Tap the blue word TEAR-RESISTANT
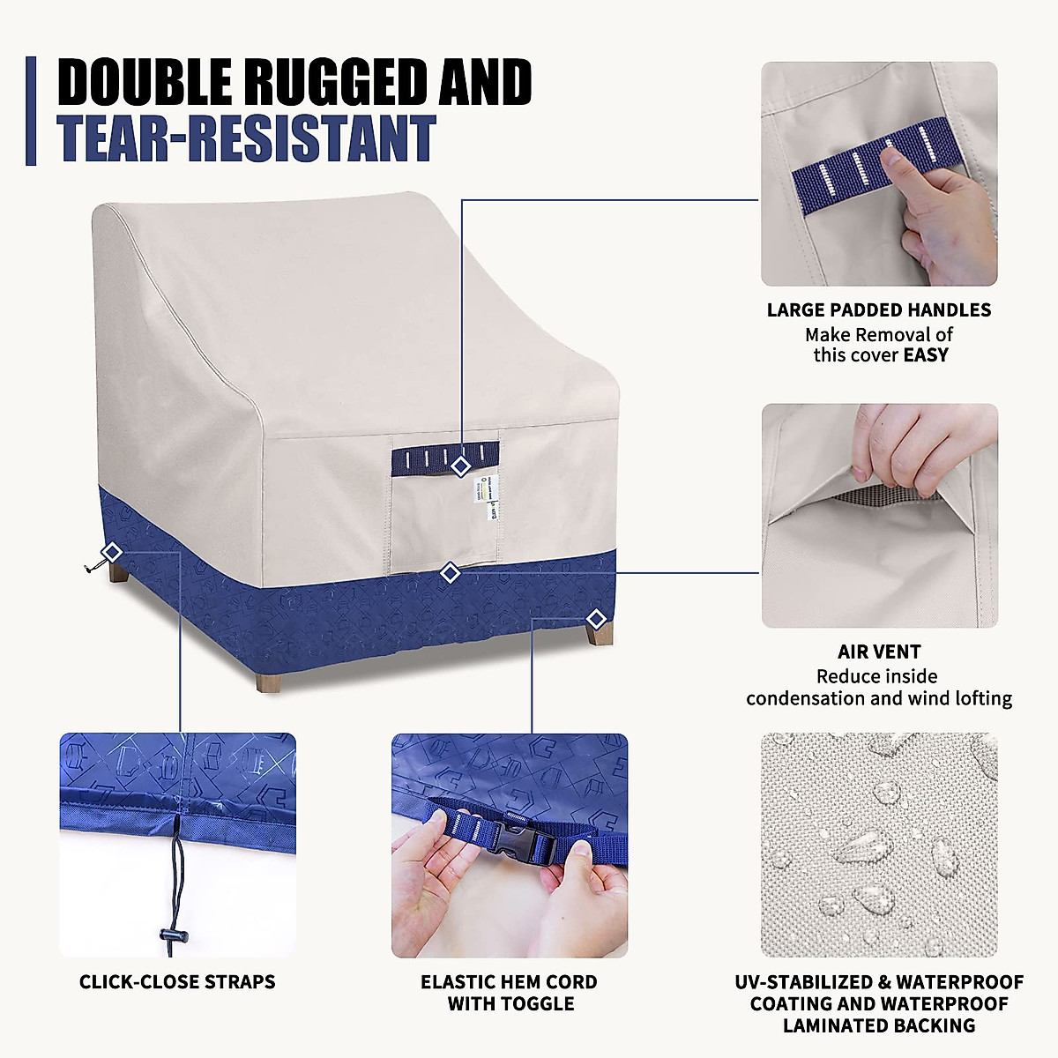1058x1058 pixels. pyautogui.click(x=247, y=140)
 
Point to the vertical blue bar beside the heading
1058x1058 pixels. pyautogui.click(x=32, y=111)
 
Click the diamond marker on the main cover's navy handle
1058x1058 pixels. pyautogui.click(x=459, y=466)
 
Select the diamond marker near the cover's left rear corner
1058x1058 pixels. pyautogui.click(x=112, y=552)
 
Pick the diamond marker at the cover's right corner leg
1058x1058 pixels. pyautogui.click(x=596, y=618)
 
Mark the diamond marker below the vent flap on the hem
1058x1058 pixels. pyautogui.click(x=451, y=573)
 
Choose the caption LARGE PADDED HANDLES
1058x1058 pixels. pyautogui.click(x=878, y=310)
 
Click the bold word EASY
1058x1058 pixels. pyautogui.click(x=926, y=355)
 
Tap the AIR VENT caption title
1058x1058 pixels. pyautogui.click(x=878, y=652)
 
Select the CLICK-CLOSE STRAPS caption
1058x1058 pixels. pyautogui.click(x=177, y=982)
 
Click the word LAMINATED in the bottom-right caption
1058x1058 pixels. pyautogui.click(x=830, y=1026)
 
